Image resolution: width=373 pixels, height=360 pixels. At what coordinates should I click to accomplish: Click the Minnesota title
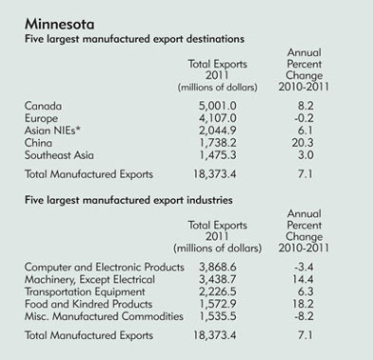(59, 24)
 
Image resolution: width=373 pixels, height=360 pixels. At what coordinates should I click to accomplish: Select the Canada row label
(43, 106)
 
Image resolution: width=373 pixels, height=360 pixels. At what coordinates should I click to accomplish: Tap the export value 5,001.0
(217, 106)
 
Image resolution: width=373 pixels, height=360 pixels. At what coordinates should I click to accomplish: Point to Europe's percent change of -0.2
(304, 118)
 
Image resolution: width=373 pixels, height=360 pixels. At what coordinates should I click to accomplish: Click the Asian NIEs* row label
(52, 130)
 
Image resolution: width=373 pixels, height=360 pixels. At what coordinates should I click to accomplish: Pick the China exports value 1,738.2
(217, 143)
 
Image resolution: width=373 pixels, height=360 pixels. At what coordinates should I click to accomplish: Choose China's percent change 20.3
(303, 143)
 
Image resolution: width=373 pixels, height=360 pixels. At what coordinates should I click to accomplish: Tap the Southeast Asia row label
(59, 155)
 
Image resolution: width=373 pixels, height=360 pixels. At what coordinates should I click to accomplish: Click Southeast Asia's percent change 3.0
(305, 155)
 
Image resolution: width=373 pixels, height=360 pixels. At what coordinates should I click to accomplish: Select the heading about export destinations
(134, 39)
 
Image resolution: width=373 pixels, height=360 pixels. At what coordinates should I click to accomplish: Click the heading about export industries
(128, 200)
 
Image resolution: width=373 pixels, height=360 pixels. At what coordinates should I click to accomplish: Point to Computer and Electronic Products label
(105, 267)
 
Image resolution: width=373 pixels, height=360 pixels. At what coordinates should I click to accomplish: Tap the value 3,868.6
(217, 268)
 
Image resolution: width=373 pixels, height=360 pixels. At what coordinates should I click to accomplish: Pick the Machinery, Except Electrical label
(89, 279)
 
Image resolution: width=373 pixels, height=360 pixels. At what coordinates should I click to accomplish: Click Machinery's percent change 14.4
(303, 279)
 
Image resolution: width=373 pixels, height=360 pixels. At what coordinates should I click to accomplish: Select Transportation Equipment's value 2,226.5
(217, 292)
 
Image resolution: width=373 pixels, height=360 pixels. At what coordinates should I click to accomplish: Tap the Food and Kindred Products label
(88, 304)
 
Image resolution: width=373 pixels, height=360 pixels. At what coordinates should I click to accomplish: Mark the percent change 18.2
(303, 304)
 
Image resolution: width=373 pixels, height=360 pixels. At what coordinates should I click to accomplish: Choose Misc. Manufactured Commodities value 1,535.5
(217, 317)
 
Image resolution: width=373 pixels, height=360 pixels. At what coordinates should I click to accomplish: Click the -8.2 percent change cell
(304, 316)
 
